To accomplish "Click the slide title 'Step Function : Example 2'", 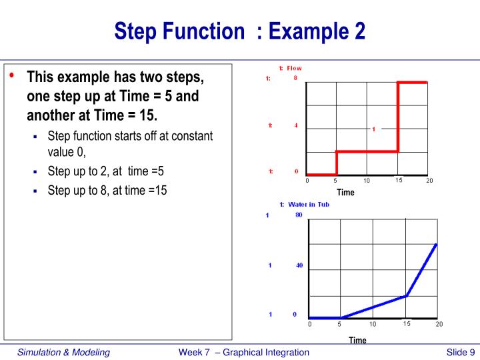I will (x=239, y=31).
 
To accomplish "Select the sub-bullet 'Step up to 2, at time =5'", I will (x=105, y=171).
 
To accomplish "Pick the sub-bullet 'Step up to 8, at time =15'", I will (x=107, y=190).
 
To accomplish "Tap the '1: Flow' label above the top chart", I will (x=290, y=68).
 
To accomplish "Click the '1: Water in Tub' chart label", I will (x=304, y=205).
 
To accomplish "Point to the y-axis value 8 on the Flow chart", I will (x=295, y=79).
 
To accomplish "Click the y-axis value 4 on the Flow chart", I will (x=295, y=125).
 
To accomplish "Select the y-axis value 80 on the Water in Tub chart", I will (x=299, y=215).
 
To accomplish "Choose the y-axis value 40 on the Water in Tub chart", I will (x=299, y=265).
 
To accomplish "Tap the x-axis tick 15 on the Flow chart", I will (x=398, y=180).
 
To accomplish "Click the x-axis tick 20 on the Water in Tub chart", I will (x=439, y=324).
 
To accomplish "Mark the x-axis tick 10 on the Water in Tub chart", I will (x=372, y=324).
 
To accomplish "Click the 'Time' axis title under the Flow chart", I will (x=345, y=193).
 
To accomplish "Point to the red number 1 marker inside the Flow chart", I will (x=373, y=129).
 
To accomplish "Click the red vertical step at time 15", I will (x=398, y=117).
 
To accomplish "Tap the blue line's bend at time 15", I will (x=406, y=295).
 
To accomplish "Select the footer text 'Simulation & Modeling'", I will (x=63, y=352).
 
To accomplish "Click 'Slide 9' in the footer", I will (x=460, y=352).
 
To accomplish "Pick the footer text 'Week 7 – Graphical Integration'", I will (x=244, y=352).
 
